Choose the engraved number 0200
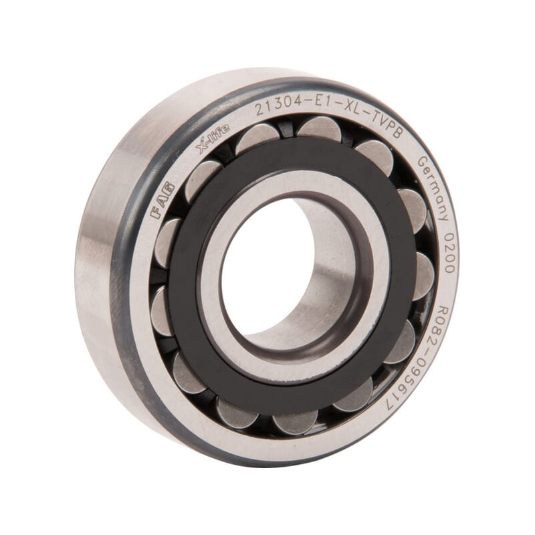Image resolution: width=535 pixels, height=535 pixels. [x=449, y=252]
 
